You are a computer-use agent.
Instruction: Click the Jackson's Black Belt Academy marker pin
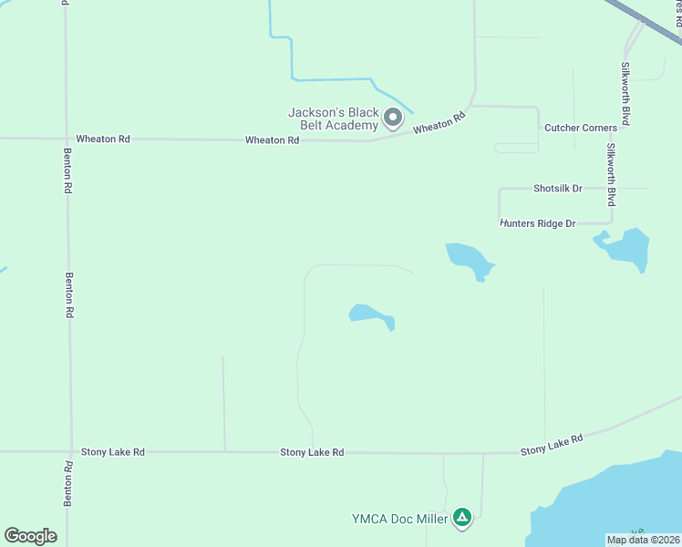(x=393, y=117)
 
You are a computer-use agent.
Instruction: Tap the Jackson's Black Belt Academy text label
(x=333, y=119)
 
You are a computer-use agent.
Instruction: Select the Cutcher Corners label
(x=580, y=128)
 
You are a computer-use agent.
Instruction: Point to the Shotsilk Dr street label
(x=557, y=189)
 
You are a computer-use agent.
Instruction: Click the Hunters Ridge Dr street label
(x=538, y=223)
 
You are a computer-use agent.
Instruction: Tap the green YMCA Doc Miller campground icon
(x=463, y=519)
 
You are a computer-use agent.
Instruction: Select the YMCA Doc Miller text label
(x=399, y=520)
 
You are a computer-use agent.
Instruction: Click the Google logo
(x=30, y=536)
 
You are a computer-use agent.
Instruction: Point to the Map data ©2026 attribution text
(x=643, y=540)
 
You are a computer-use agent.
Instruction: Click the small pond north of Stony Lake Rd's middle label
(x=371, y=315)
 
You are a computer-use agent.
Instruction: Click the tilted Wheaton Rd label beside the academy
(x=439, y=123)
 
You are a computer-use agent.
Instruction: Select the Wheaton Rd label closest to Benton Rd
(x=103, y=139)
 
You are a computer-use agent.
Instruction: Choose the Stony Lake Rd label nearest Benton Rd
(x=112, y=451)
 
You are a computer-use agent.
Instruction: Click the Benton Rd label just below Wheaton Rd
(x=68, y=170)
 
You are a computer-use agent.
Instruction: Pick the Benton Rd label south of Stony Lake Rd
(x=68, y=484)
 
